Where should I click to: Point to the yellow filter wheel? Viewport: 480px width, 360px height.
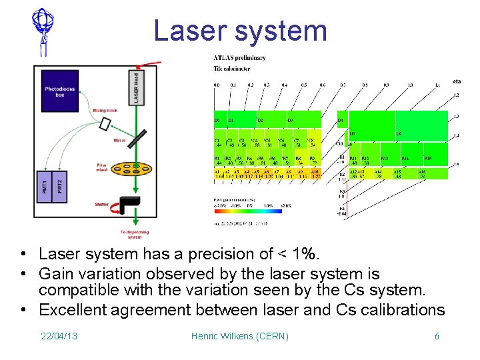(124, 173)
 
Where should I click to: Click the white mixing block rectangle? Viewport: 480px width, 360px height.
(105, 124)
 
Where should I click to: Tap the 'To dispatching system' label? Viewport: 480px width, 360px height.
(131, 233)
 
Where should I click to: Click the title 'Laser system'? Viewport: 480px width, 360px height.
(240, 31)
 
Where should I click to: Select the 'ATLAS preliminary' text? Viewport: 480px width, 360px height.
(239, 58)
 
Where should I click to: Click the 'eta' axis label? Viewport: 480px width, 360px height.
(457, 81)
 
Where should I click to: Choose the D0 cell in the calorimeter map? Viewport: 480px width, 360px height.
(219, 120)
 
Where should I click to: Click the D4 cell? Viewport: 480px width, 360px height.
(341, 120)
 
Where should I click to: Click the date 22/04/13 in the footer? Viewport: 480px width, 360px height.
(59, 336)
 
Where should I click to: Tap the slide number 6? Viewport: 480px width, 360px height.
(437, 336)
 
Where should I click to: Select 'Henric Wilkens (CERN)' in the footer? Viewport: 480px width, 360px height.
(240, 336)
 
